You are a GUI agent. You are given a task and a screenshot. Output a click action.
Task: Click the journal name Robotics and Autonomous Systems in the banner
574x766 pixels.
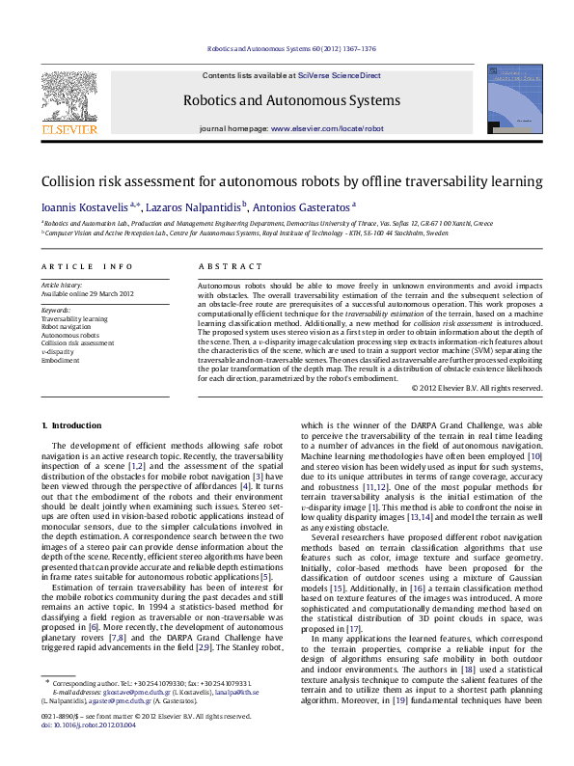[x=287, y=98]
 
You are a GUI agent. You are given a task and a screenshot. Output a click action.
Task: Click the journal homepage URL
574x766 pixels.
[x=323, y=128]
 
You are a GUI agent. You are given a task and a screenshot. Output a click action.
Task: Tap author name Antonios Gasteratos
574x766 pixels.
[x=307, y=205]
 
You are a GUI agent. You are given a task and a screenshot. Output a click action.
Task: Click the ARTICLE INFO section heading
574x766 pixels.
[x=86, y=265]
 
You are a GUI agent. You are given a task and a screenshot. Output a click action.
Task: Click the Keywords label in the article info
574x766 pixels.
[x=57, y=310]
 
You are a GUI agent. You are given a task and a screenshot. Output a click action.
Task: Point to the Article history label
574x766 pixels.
[x=63, y=286]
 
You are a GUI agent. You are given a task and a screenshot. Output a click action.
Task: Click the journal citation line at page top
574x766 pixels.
[x=286, y=48]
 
